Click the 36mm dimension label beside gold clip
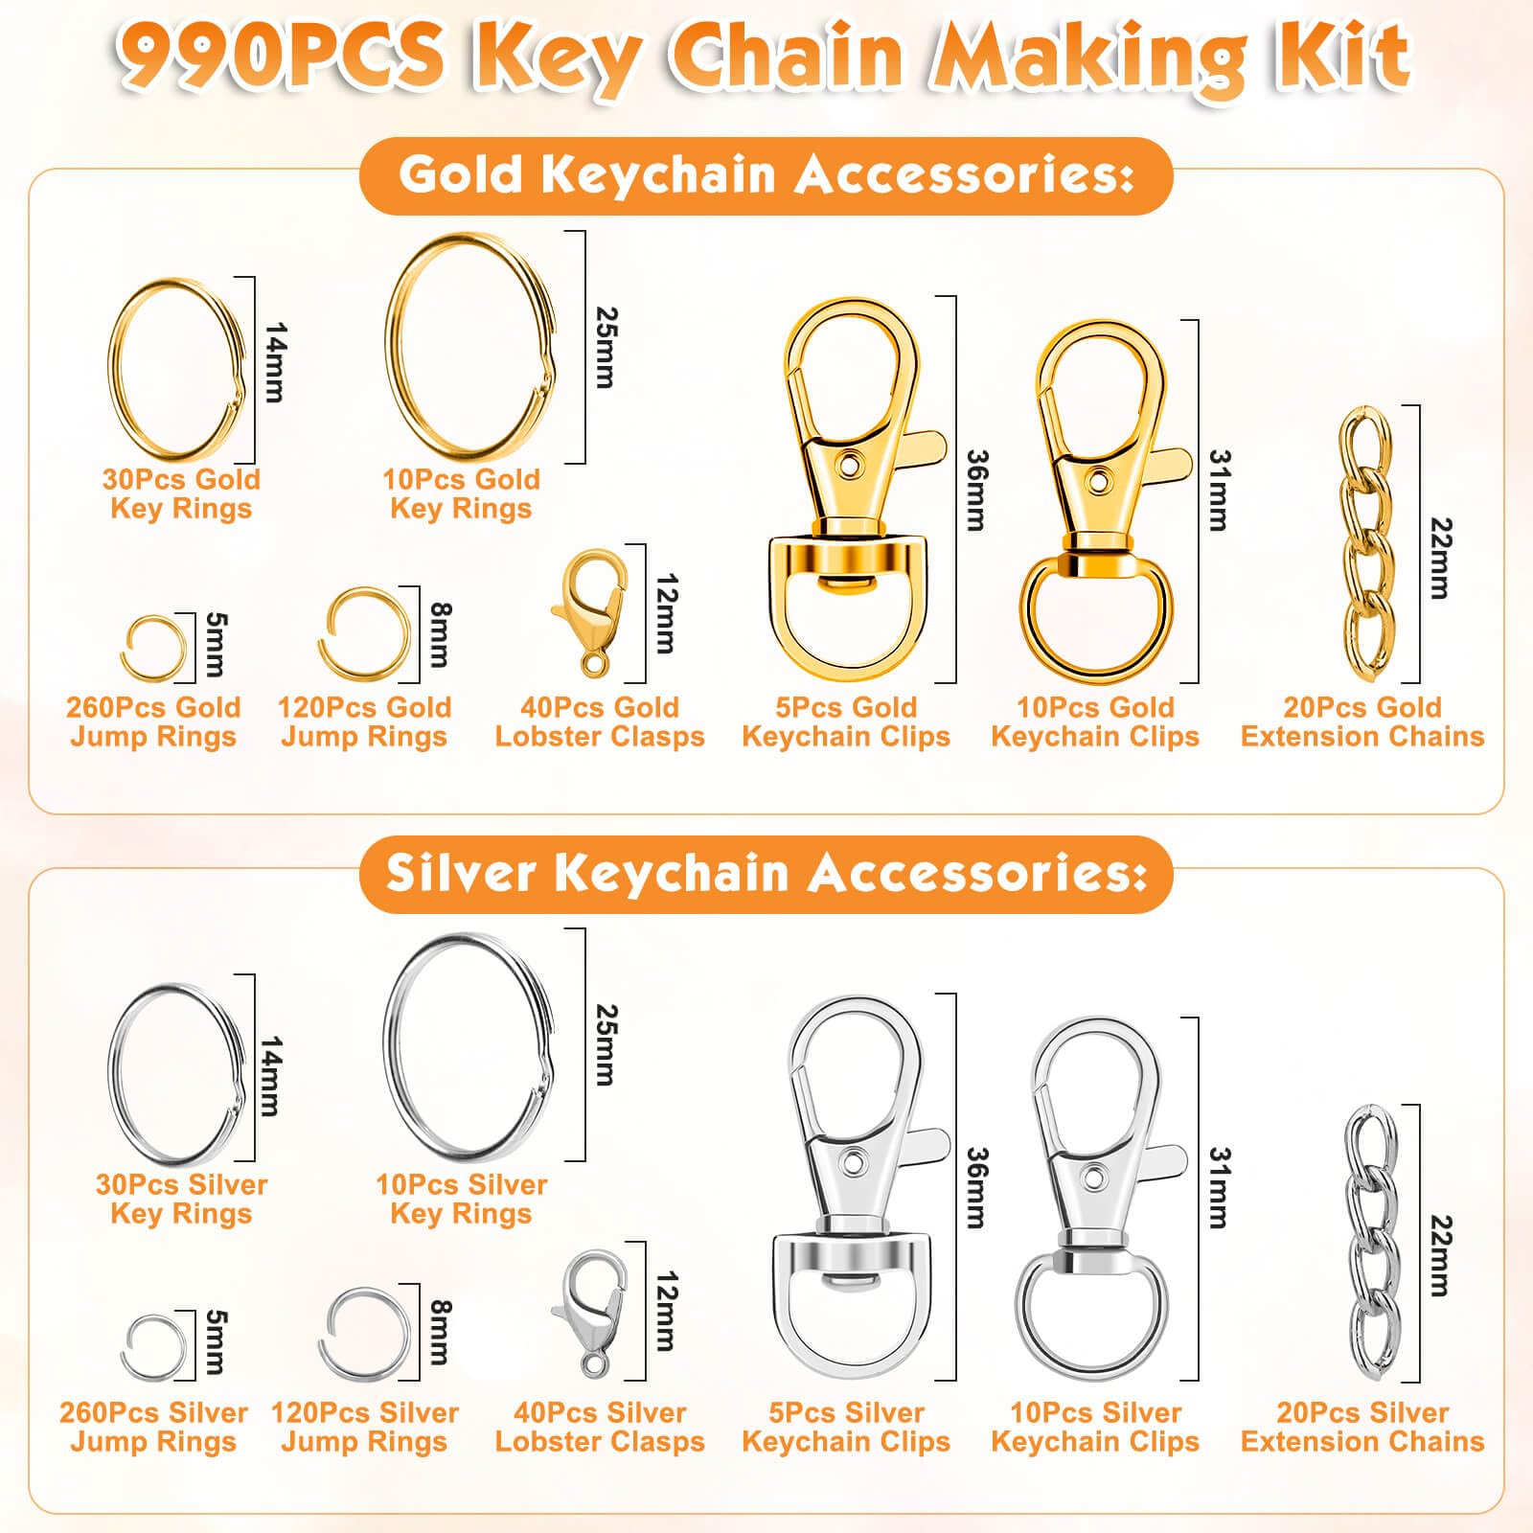point(975,490)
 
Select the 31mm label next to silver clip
point(1219,1188)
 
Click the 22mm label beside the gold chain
point(1439,559)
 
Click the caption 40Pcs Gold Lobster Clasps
point(600,722)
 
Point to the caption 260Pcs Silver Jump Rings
point(153,1427)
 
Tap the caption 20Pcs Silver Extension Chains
point(1361,1427)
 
